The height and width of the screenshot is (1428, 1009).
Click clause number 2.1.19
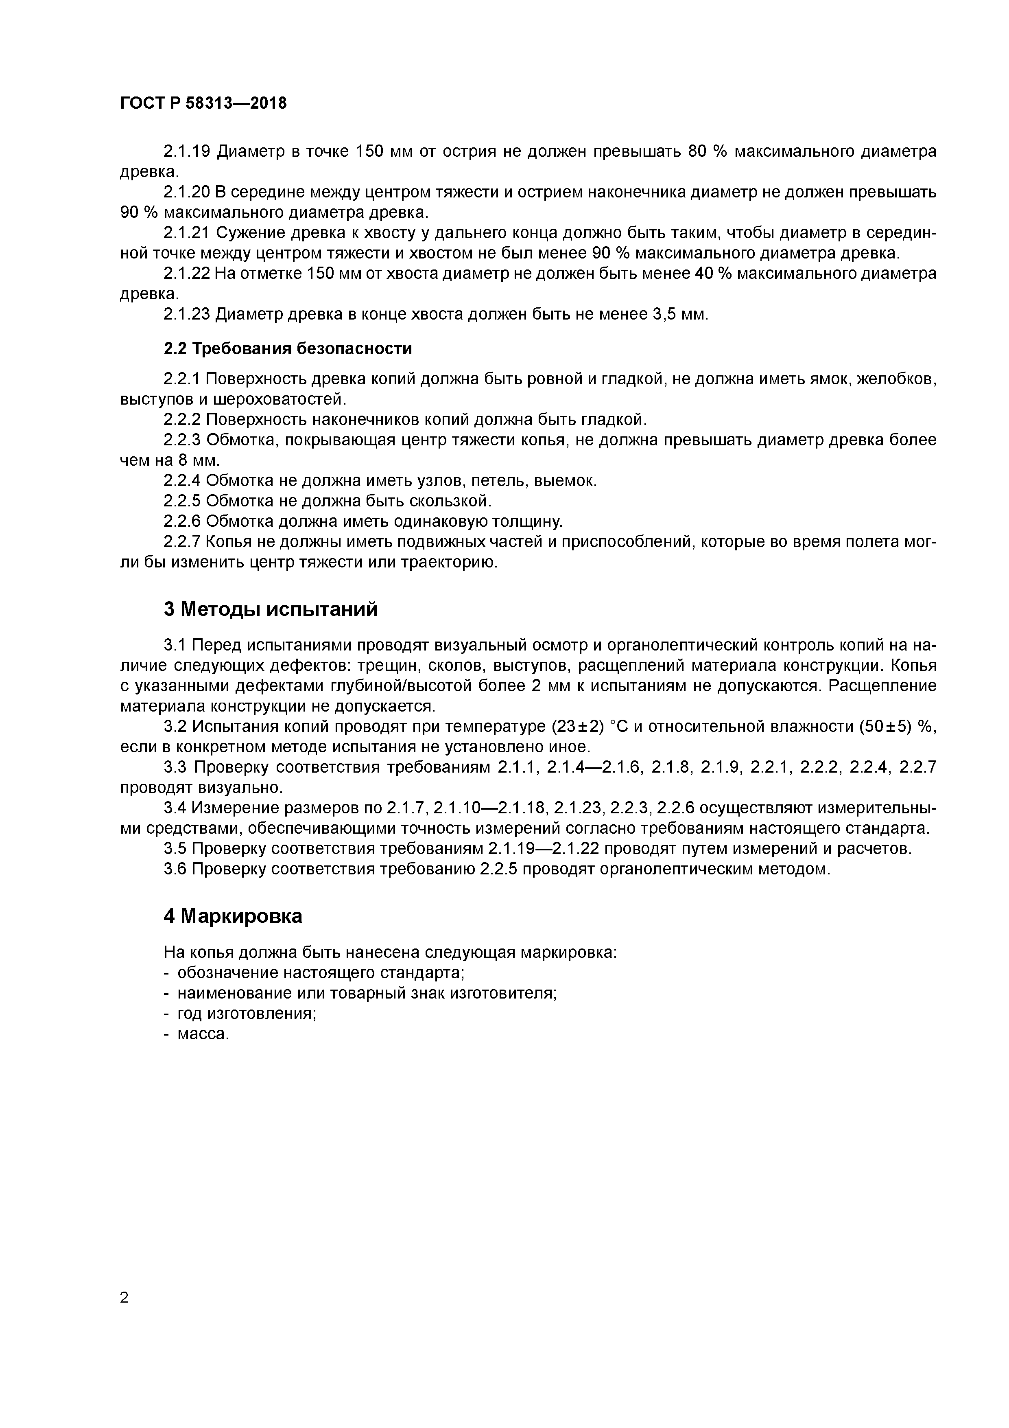coord(186,151)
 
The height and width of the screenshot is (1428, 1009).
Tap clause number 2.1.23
coord(186,314)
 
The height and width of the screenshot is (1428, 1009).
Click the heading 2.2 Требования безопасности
coord(288,348)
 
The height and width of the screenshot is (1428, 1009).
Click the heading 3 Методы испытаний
coord(271,609)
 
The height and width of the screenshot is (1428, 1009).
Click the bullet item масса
coord(203,1034)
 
